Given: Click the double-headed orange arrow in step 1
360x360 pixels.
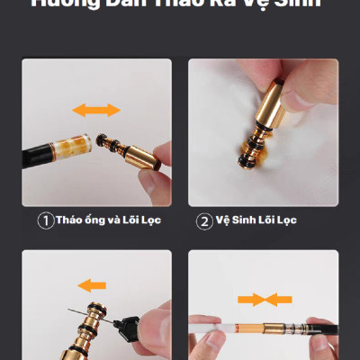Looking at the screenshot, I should tap(96, 110).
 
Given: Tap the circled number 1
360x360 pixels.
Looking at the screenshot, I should tap(45, 220).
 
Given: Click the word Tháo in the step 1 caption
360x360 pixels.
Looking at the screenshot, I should tap(69, 220).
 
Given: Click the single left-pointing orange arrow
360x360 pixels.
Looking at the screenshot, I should tap(91, 285).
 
